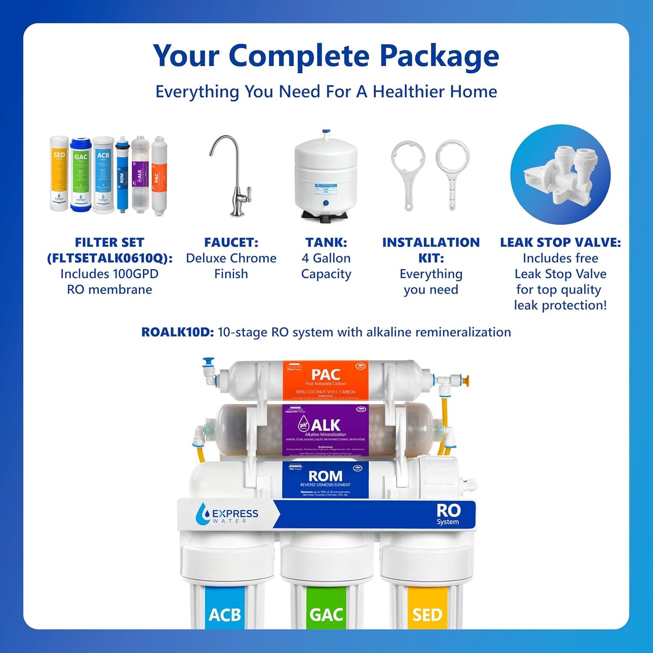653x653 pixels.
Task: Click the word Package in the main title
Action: (439, 56)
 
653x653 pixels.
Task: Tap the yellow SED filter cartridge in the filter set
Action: (59, 174)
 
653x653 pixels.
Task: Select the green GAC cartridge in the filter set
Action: (81, 174)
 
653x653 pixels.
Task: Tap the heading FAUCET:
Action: (231, 243)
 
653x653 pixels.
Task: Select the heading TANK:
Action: (326, 243)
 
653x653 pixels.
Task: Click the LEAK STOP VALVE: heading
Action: (560, 243)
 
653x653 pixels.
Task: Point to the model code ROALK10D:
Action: (177, 332)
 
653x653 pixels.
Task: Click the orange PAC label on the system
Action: (325, 380)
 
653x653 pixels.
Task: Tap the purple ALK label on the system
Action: (325, 429)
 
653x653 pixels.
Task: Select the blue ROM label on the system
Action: (325, 479)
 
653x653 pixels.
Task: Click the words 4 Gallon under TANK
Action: (326, 258)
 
